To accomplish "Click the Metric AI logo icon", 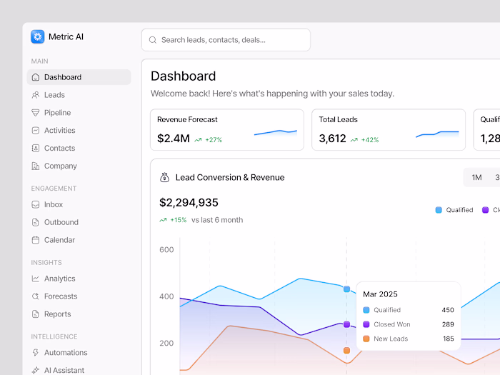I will (x=38, y=36).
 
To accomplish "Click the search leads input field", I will (x=226, y=40).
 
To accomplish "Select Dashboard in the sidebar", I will (x=63, y=77).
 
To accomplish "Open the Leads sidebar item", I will (x=54, y=95).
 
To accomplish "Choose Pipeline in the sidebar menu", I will (x=57, y=113).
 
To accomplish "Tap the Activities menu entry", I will (x=59, y=131).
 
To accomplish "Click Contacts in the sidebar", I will (x=59, y=149).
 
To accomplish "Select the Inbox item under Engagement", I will (x=54, y=204).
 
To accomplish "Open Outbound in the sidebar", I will (x=61, y=222).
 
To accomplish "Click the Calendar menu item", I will (x=59, y=240).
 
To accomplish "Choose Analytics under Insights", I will (x=59, y=279).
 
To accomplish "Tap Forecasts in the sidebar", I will (x=61, y=296).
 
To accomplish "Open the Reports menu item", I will (x=57, y=314).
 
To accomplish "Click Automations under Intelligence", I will (x=66, y=353).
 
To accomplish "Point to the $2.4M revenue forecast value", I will (x=173, y=139).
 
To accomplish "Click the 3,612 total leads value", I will (x=332, y=139).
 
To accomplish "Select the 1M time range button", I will (x=476, y=178).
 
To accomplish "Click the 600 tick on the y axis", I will (x=166, y=250).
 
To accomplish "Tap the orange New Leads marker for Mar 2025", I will (x=346, y=351).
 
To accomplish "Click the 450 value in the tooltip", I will (x=447, y=310).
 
